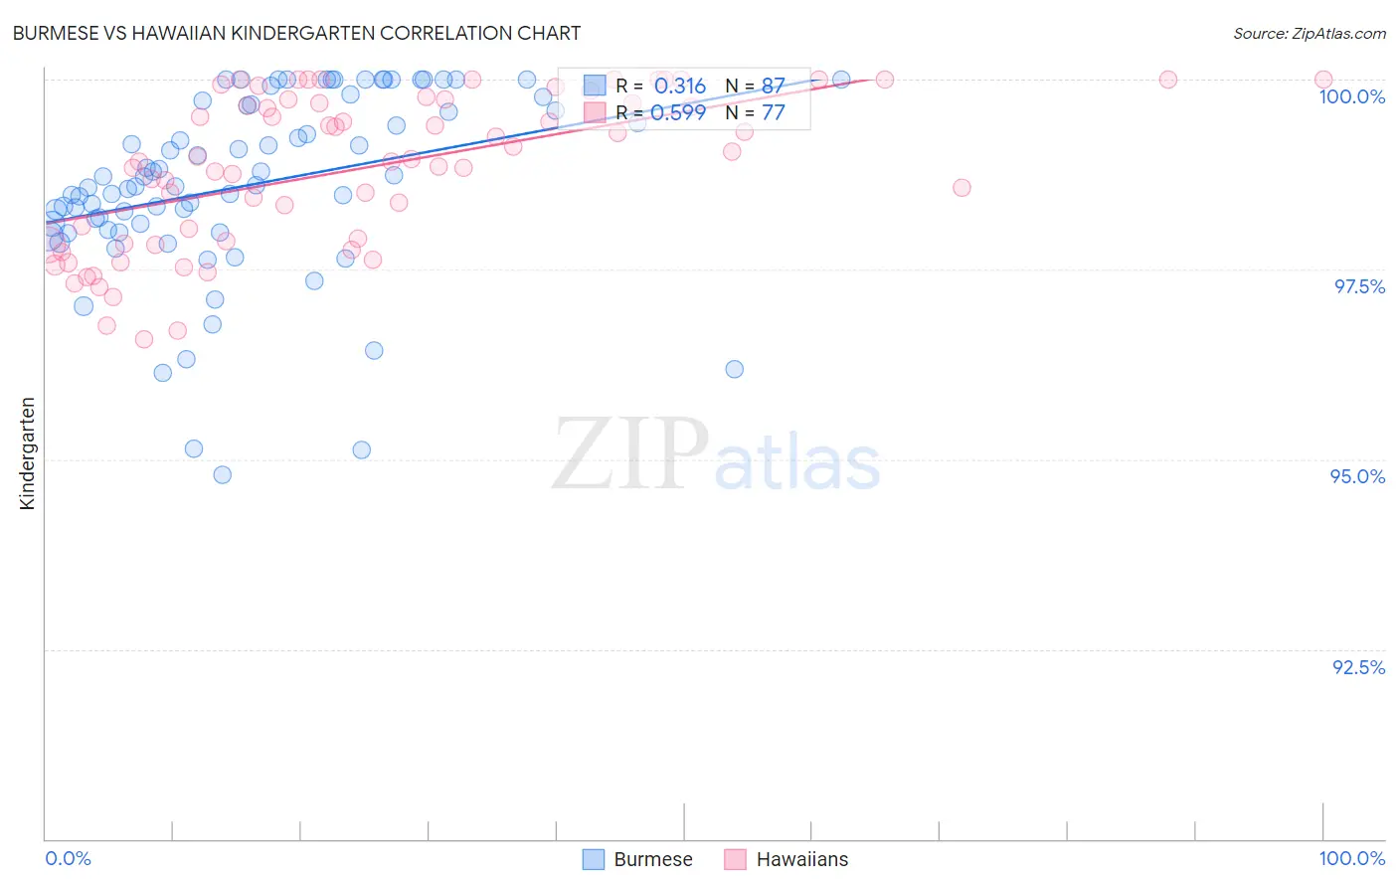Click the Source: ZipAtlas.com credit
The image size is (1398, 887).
click(x=1309, y=34)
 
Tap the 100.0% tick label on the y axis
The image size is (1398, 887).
click(x=1351, y=96)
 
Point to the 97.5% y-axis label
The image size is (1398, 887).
click(x=1359, y=286)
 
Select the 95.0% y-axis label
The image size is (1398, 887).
click(x=1357, y=476)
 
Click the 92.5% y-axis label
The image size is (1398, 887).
click(x=1358, y=667)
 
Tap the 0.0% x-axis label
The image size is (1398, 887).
click(x=68, y=858)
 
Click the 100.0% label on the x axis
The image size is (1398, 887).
click(x=1351, y=858)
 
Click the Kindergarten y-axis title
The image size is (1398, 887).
click(x=27, y=453)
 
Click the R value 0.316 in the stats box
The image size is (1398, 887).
click(x=680, y=87)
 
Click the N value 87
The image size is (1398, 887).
click(x=773, y=87)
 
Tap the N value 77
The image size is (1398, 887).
click(x=773, y=113)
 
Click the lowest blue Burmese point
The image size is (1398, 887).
click(x=223, y=475)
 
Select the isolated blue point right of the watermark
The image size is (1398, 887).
click(x=735, y=369)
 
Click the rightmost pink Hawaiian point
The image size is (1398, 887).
click(x=1323, y=80)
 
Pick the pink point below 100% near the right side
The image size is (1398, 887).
click(x=961, y=188)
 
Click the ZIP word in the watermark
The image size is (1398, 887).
click(x=630, y=455)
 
